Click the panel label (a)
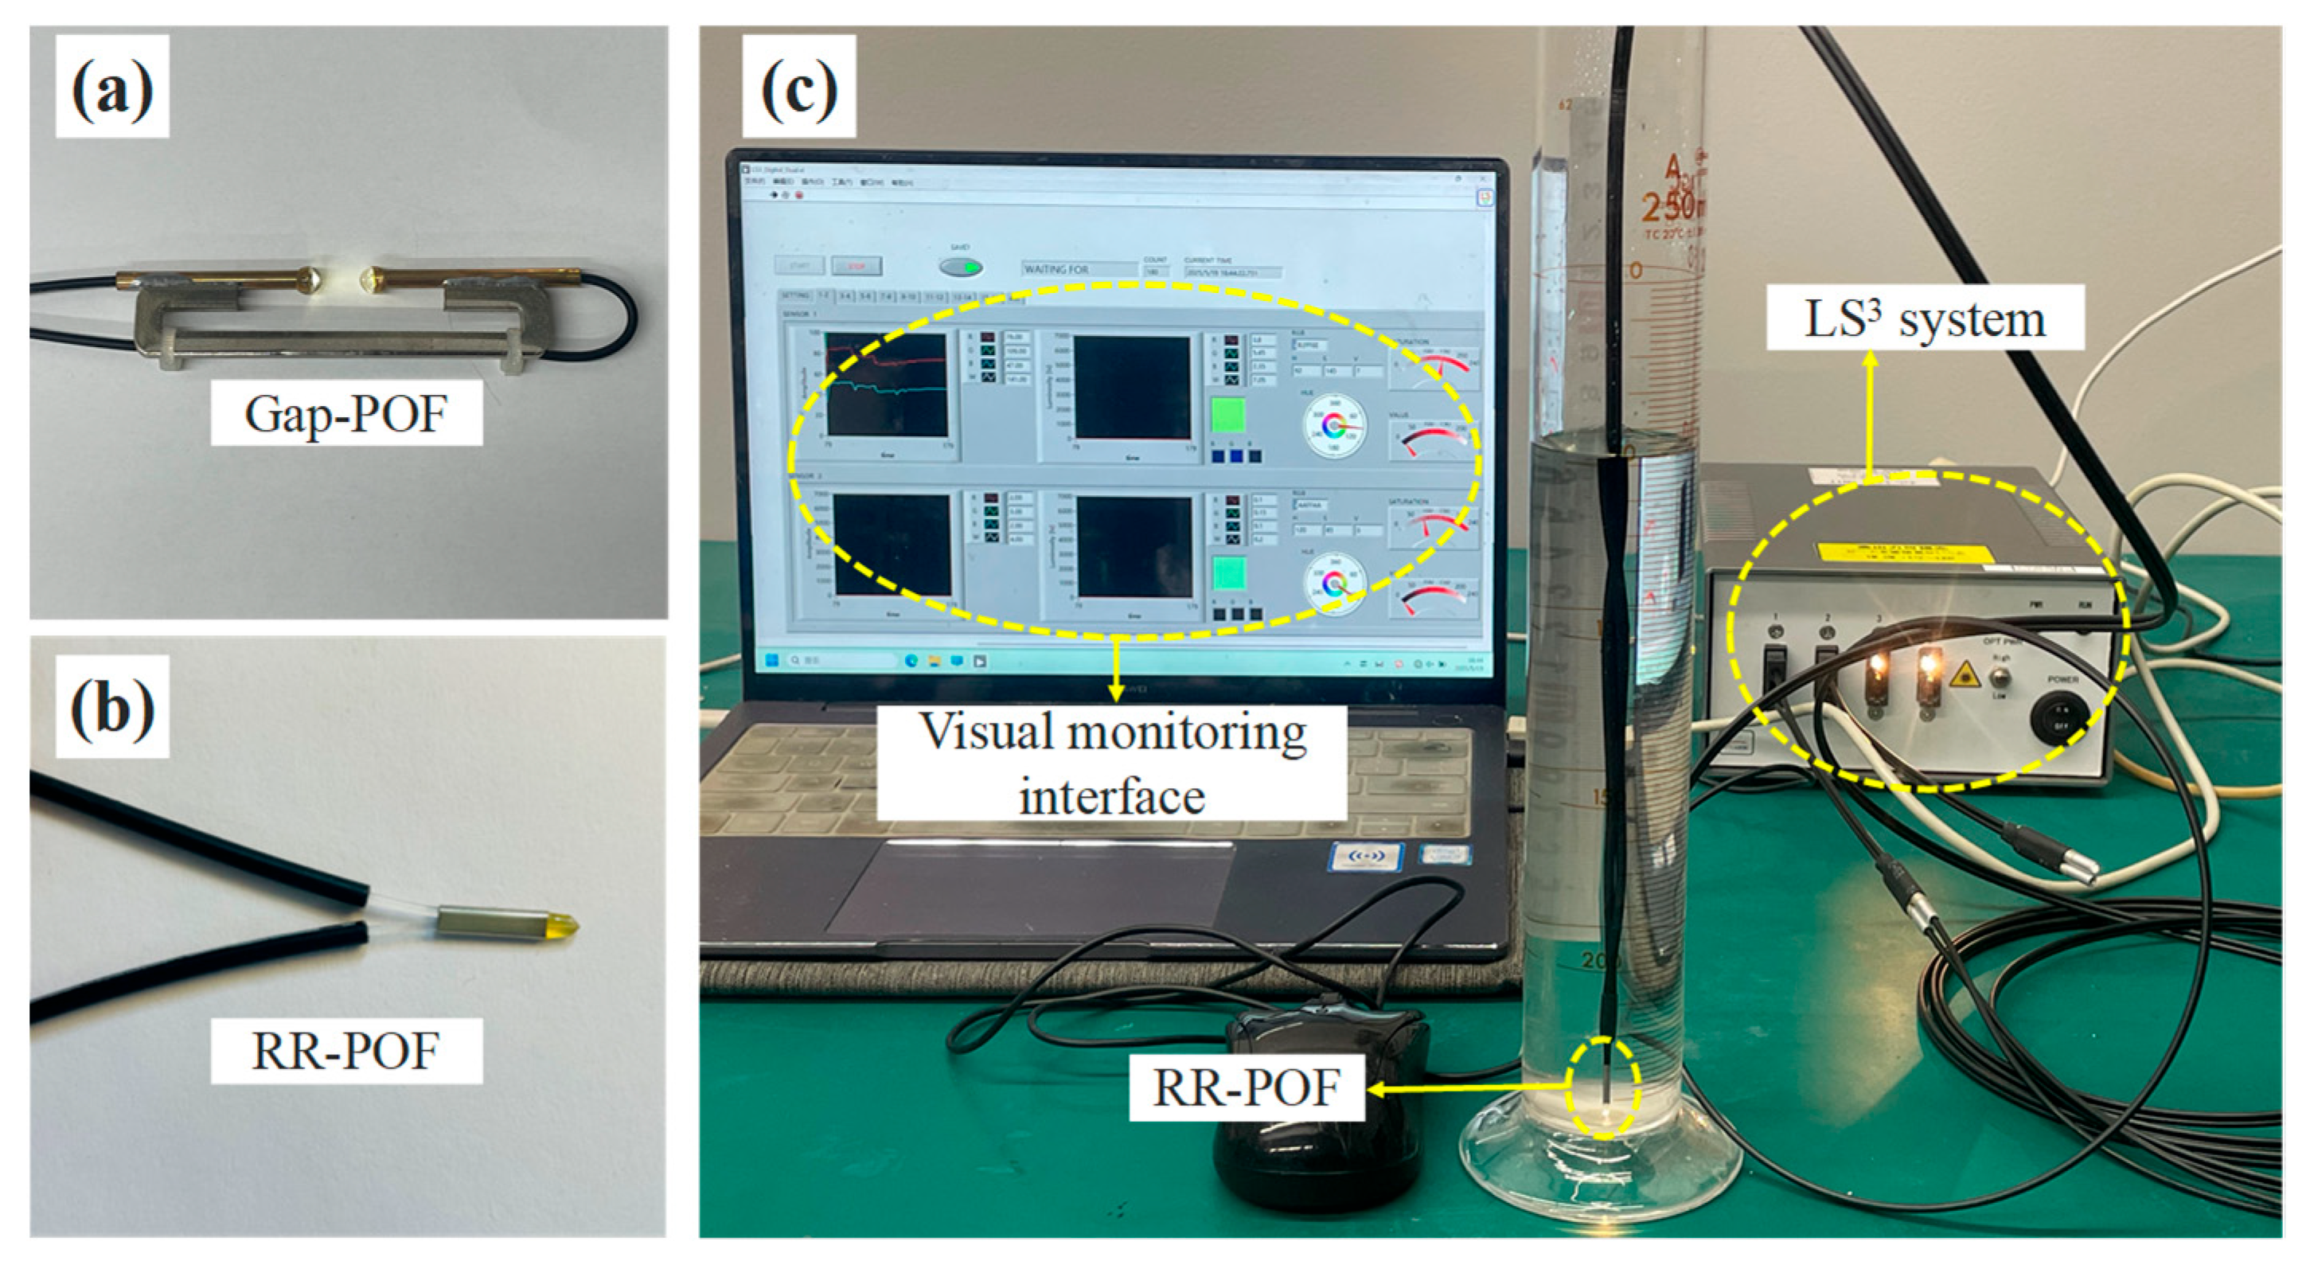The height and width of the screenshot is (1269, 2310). pos(112,87)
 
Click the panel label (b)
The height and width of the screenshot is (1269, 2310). pos(112,707)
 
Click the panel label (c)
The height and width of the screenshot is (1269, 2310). pos(799,87)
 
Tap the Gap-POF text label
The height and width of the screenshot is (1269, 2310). pos(346,413)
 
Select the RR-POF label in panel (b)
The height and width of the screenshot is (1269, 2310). pos(346,1050)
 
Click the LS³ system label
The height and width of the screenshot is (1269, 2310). pos(1925,318)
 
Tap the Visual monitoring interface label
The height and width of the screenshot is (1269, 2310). pos(1112,763)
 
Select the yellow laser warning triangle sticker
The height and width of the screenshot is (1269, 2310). pos(1964,674)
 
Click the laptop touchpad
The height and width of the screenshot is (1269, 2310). pos(1032,888)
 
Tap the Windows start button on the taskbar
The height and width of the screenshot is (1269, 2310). pos(771,661)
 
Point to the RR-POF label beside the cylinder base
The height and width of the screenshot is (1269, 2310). pos(1247,1087)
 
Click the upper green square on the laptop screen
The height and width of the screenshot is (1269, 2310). pos(1227,416)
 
